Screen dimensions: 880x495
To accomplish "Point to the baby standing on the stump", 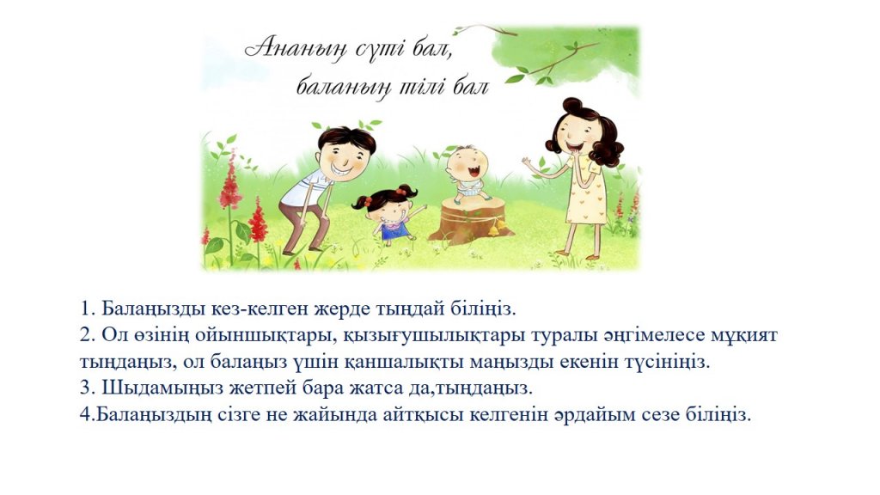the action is coord(468,173).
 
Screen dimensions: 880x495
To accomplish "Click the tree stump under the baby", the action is coord(467,221).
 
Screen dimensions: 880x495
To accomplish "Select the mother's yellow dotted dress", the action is coord(586,190).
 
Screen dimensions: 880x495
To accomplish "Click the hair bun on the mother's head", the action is coord(573,105).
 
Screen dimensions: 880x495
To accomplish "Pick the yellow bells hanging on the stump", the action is coord(497,228).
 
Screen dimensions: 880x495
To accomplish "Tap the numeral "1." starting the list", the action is coord(89,309).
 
